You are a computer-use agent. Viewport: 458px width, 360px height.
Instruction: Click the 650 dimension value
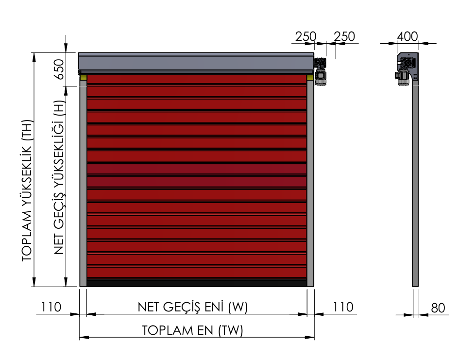[x=59, y=69]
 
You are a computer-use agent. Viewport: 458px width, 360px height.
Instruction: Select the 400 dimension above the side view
[x=408, y=36]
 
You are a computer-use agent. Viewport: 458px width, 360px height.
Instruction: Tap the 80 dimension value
[x=438, y=308]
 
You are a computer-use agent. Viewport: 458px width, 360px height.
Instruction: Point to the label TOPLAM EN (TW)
[x=192, y=330]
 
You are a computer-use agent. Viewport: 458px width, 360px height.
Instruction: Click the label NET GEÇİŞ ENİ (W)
[x=193, y=307]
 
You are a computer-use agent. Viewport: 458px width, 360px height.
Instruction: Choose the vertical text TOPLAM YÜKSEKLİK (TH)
[x=27, y=190]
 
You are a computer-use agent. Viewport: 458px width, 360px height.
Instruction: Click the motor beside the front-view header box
[x=320, y=71]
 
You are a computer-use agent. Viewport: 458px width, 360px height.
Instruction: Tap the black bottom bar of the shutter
[x=197, y=283]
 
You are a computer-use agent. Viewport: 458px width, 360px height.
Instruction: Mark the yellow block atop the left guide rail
[x=83, y=77]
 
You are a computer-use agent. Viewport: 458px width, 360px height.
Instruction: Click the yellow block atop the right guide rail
[x=310, y=77]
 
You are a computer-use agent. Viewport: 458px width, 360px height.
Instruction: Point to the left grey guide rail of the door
[x=83, y=183]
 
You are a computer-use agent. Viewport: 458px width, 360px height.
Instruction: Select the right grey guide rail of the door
[x=310, y=183]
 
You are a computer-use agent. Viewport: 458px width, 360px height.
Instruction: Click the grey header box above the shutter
[x=196, y=63]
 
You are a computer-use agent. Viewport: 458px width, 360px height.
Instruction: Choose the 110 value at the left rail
[x=51, y=307]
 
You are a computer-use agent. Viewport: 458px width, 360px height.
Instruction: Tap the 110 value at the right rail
[x=343, y=307]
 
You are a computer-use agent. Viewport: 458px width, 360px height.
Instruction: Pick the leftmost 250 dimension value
[x=305, y=37]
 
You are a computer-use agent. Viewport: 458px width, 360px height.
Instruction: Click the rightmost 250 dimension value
[x=344, y=37]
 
